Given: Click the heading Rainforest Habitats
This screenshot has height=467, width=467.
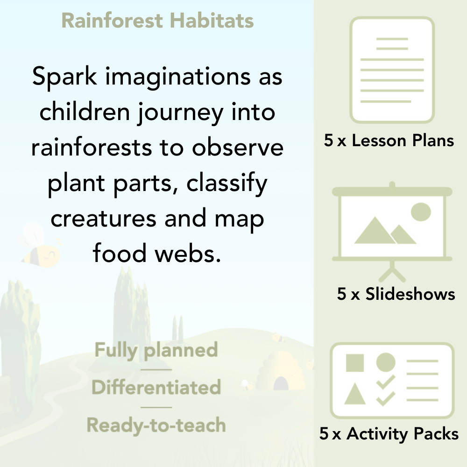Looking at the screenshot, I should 157,21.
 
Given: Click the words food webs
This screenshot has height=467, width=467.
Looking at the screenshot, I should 156,254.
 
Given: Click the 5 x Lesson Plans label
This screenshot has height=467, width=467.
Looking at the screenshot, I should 389,141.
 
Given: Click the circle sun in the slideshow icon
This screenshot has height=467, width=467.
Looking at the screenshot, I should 420,212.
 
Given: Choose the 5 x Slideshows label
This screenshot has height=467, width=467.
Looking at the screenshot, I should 396,294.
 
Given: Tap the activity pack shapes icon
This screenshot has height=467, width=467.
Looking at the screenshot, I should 392,381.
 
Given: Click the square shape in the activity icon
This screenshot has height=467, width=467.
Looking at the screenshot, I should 355,363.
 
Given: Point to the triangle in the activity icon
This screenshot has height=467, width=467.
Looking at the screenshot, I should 354,394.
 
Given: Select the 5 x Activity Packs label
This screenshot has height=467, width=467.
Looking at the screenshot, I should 389,434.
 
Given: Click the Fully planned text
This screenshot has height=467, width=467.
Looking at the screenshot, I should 156,350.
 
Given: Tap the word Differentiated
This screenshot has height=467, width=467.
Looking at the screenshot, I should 156,388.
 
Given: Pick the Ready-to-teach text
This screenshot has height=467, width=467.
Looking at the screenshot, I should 156,425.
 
